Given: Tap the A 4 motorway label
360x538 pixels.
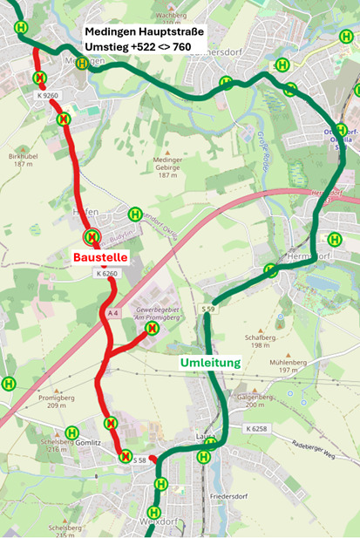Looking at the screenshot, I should (112, 313).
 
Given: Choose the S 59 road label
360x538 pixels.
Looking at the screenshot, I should (207, 310).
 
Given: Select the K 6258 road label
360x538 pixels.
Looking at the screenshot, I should (257, 430).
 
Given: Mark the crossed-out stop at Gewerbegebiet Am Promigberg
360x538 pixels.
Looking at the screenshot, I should (152, 329).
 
